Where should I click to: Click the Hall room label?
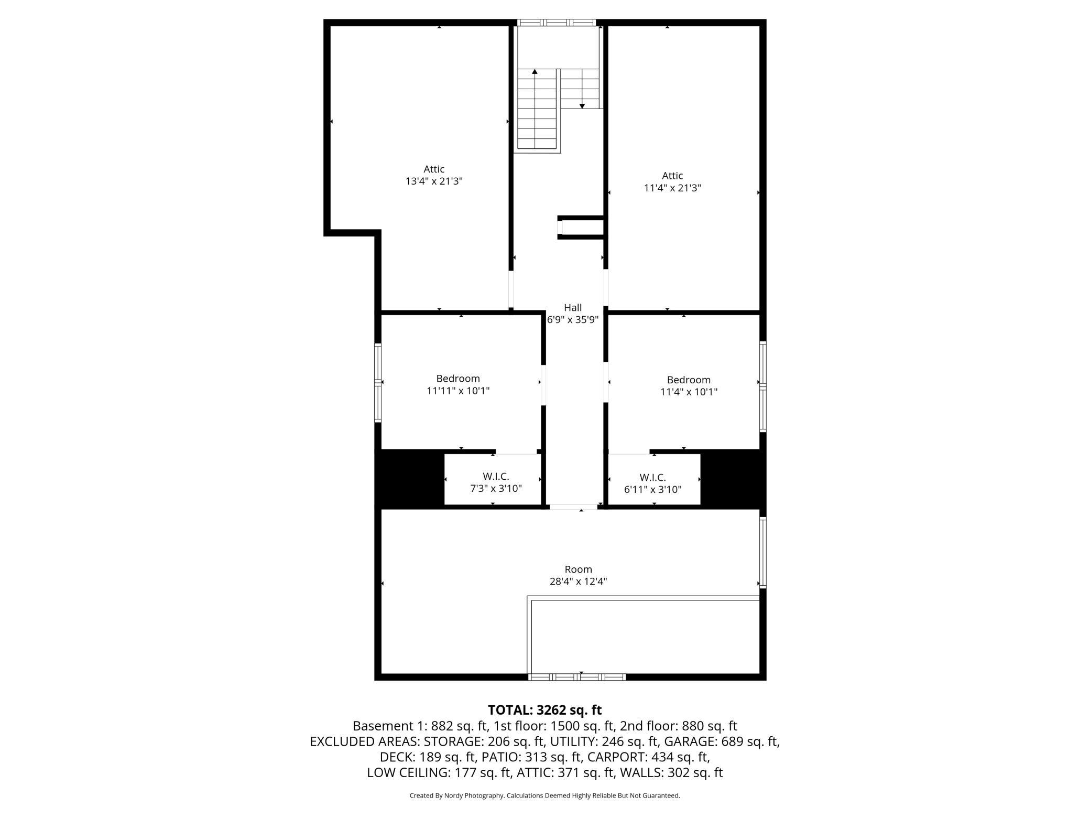pos(573,308)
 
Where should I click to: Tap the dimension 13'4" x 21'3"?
pos(434,181)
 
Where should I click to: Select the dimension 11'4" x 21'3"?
pos(672,188)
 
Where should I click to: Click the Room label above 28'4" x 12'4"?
pos(579,569)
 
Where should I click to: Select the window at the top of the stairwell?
pos(557,23)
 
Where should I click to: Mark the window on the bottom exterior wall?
pos(577,677)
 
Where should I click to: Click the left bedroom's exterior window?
pos(378,382)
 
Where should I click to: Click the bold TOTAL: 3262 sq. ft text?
pos(545,710)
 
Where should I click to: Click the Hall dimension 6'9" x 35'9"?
pos(573,320)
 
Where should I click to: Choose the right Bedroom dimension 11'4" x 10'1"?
pos(689,392)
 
